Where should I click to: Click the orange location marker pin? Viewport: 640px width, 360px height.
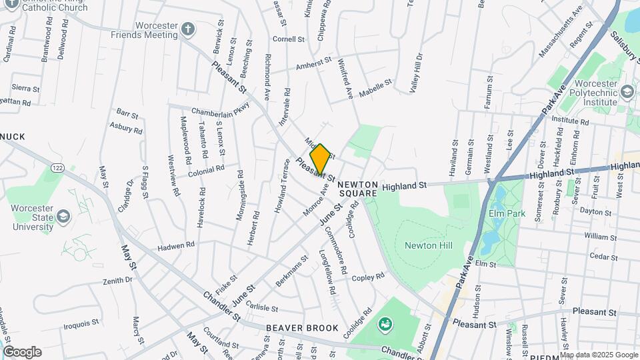click(320, 159)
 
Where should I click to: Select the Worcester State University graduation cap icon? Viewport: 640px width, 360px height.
click(62, 217)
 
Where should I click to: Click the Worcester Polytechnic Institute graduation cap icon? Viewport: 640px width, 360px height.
click(627, 91)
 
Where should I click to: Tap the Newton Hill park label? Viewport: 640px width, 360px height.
click(428, 246)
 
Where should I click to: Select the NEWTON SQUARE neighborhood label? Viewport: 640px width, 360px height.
click(357, 189)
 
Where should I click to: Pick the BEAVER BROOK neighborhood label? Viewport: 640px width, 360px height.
click(302, 328)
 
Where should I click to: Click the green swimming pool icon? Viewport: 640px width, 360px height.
click(385, 326)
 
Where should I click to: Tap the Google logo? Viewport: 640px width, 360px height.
click(21, 352)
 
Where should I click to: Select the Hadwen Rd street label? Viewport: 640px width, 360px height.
click(176, 246)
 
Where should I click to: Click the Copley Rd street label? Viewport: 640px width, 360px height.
click(369, 276)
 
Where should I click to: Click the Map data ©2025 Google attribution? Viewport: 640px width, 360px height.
click(598, 355)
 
